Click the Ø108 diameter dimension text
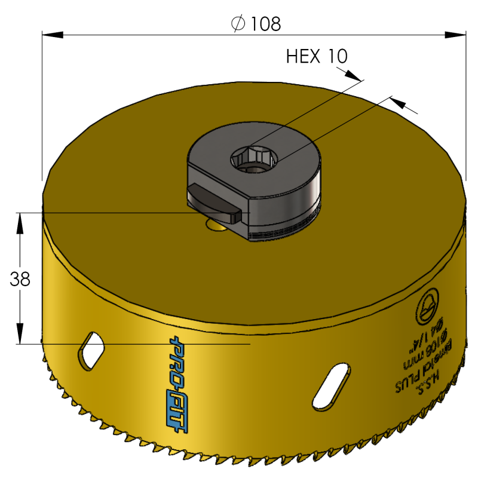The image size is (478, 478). [x=256, y=23]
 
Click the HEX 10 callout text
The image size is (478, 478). [x=317, y=57]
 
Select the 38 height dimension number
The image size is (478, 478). [x=21, y=278]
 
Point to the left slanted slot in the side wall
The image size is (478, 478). [x=90, y=350]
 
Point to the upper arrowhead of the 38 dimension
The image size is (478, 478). [x=21, y=219]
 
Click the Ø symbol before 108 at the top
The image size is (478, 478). [x=237, y=24]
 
